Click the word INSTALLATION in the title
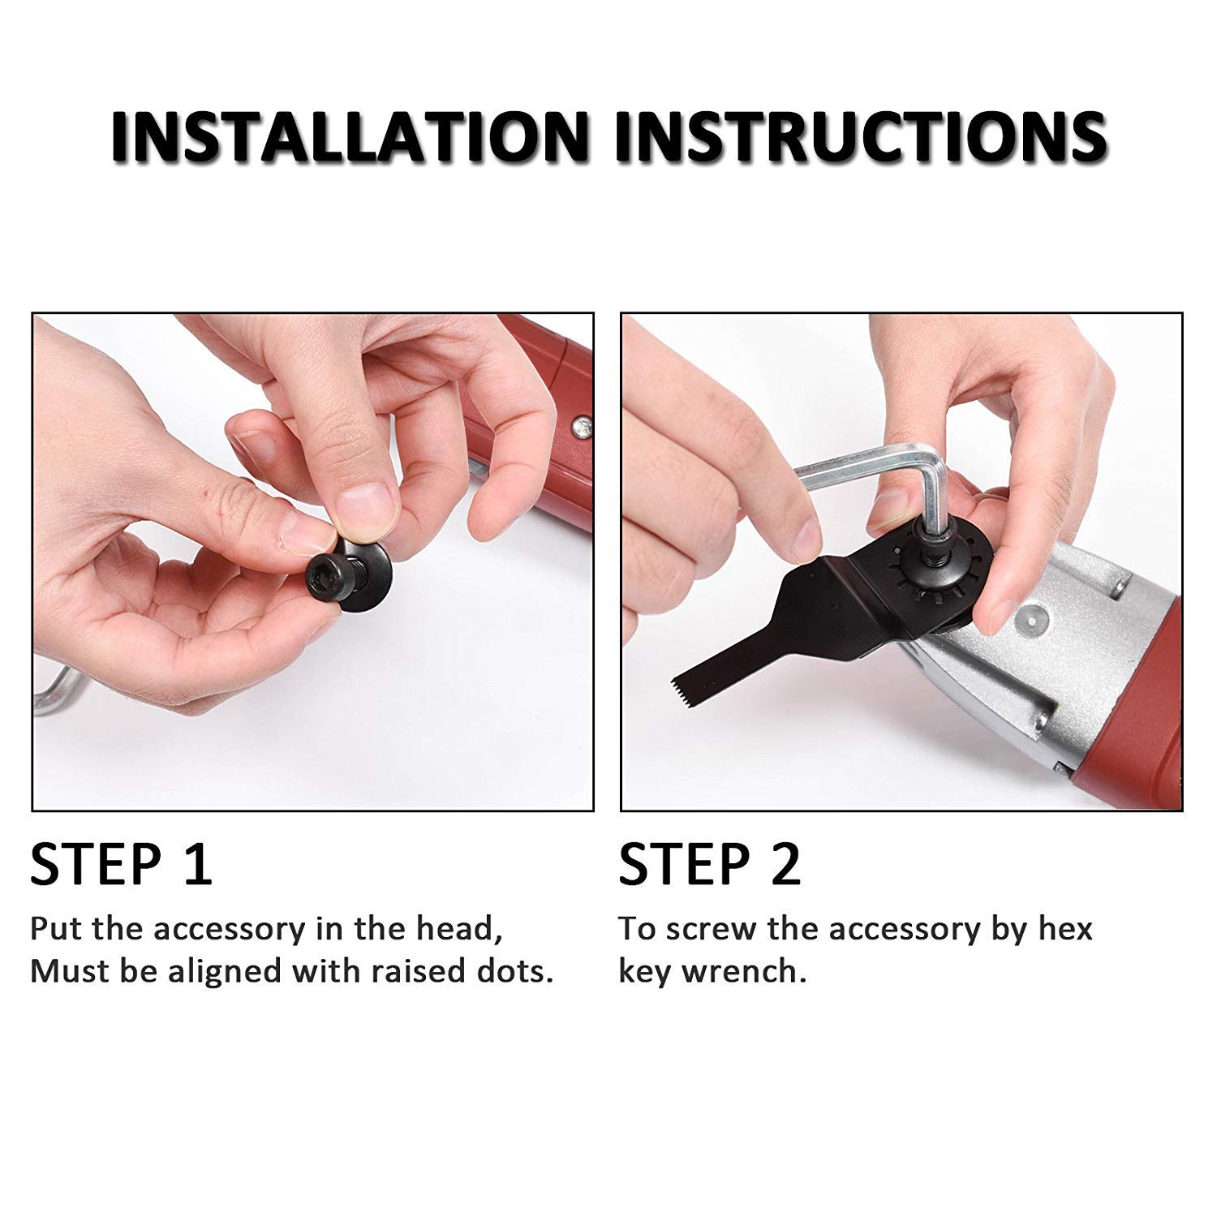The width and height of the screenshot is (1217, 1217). pyautogui.click(x=349, y=134)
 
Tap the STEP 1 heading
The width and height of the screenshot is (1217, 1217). pyautogui.click(x=121, y=864)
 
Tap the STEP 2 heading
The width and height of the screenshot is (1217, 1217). pyautogui.click(x=710, y=864)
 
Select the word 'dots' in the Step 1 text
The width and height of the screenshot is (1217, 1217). pyautogui.click(x=514, y=971)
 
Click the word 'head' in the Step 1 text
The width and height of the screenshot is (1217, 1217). pyautogui.click(x=455, y=928)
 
